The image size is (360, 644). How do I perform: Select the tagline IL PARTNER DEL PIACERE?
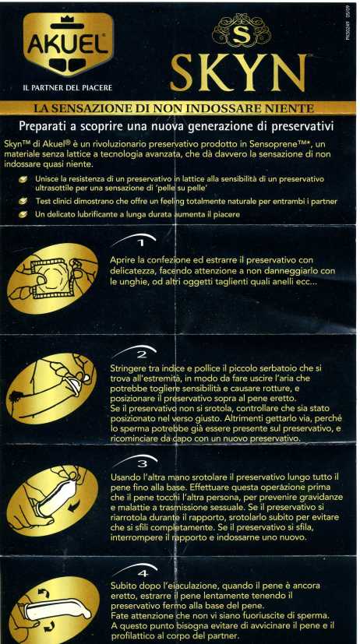coord(68,87)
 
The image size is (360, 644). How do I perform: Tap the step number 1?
coord(140,244)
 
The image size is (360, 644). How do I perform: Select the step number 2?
coord(141,354)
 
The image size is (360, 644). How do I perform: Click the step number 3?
coord(142,463)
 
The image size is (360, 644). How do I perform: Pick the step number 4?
coord(143,572)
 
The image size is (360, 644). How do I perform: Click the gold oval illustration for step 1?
coord(52,280)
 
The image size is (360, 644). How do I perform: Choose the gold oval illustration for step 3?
coord(52,500)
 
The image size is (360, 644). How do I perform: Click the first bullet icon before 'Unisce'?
coord(24,179)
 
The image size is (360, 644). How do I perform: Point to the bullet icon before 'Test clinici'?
coord(24,201)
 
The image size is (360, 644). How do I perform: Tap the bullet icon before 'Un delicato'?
coord(24,214)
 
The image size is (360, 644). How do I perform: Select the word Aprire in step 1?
coord(122,261)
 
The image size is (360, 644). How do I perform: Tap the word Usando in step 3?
coord(125,477)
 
